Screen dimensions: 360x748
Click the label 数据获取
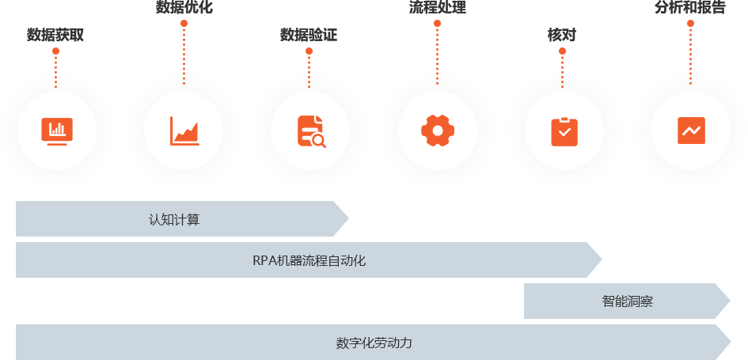pyautogui.click(x=55, y=35)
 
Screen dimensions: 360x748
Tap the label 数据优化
pyautogui.click(x=184, y=8)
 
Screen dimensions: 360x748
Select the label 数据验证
pyautogui.click(x=309, y=35)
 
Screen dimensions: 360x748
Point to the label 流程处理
pyautogui.click(x=437, y=8)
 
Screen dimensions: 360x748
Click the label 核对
pyautogui.click(x=562, y=35)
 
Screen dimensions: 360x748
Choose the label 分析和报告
pyautogui.click(x=690, y=8)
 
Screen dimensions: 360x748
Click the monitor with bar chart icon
pyautogui.click(x=56, y=131)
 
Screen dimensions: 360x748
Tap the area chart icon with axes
pyautogui.click(x=184, y=131)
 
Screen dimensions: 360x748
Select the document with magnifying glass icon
pyautogui.click(x=311, y=131)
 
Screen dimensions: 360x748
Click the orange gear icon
pyautogui.click(x=437, y=131)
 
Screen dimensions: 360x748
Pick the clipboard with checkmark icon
pyautogui.click(x=564, y=131)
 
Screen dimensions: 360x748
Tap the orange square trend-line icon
pyautogui.click(x=691, y=131)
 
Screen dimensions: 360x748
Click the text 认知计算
pyautogui.click(x=174, y=219)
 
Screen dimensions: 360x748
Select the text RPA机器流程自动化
pyautogui.click(x=309, y=260)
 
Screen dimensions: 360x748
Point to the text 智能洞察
pyautogui.click(x=627, y=301)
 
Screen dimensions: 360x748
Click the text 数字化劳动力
pyautogui.click(x=374, y=343)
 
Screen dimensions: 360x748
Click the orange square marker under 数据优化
pyautogui.click(x=184, y=24)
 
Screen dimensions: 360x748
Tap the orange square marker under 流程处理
pyautogui.click(x=437, y=24)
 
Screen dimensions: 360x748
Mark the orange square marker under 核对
pyautogui.click(x=562, y=51)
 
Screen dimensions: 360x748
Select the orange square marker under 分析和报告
pyautogui.click(x=690, y=24)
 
